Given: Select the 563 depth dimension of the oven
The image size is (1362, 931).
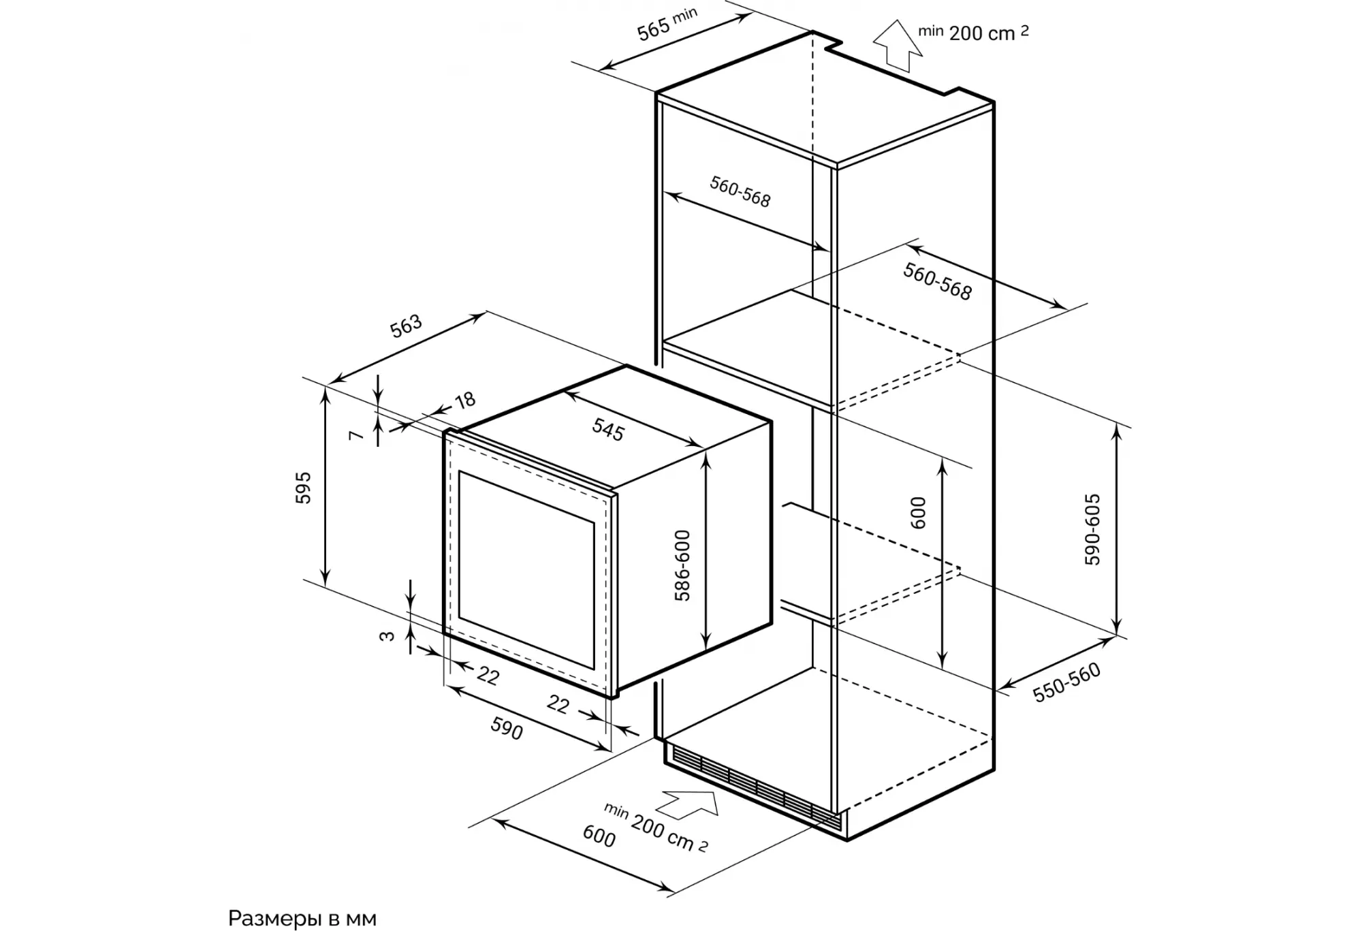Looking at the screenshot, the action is tap(406, 326).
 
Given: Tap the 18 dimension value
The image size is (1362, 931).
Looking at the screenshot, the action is tap(465, 400).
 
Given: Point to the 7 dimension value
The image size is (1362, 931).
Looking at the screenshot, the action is tap(355, 434).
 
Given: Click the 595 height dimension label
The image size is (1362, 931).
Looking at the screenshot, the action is tap(303, 488).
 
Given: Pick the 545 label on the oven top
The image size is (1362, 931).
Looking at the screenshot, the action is tap(607, 430).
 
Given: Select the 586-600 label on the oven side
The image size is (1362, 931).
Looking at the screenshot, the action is tap(682, 565).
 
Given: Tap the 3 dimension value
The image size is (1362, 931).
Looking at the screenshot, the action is tap(387, 636).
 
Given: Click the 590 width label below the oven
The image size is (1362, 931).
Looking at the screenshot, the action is tap(507, 729).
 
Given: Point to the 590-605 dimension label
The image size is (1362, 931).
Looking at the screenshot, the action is tap(1092, 529).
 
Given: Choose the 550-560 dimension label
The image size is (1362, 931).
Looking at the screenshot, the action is tap(1066, 682).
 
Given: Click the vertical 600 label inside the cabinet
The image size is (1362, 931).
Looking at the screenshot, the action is tap(918, 513).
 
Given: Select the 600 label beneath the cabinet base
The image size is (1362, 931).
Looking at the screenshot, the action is tap(599, 836).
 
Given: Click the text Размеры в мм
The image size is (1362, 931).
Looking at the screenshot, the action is tap(302, 918).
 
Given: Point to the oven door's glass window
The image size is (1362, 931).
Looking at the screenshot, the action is tap(526, 570).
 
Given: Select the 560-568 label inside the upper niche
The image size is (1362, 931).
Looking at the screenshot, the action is tap(740, 191).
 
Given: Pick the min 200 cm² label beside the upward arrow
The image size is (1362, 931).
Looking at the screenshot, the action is tap(973, 32).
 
